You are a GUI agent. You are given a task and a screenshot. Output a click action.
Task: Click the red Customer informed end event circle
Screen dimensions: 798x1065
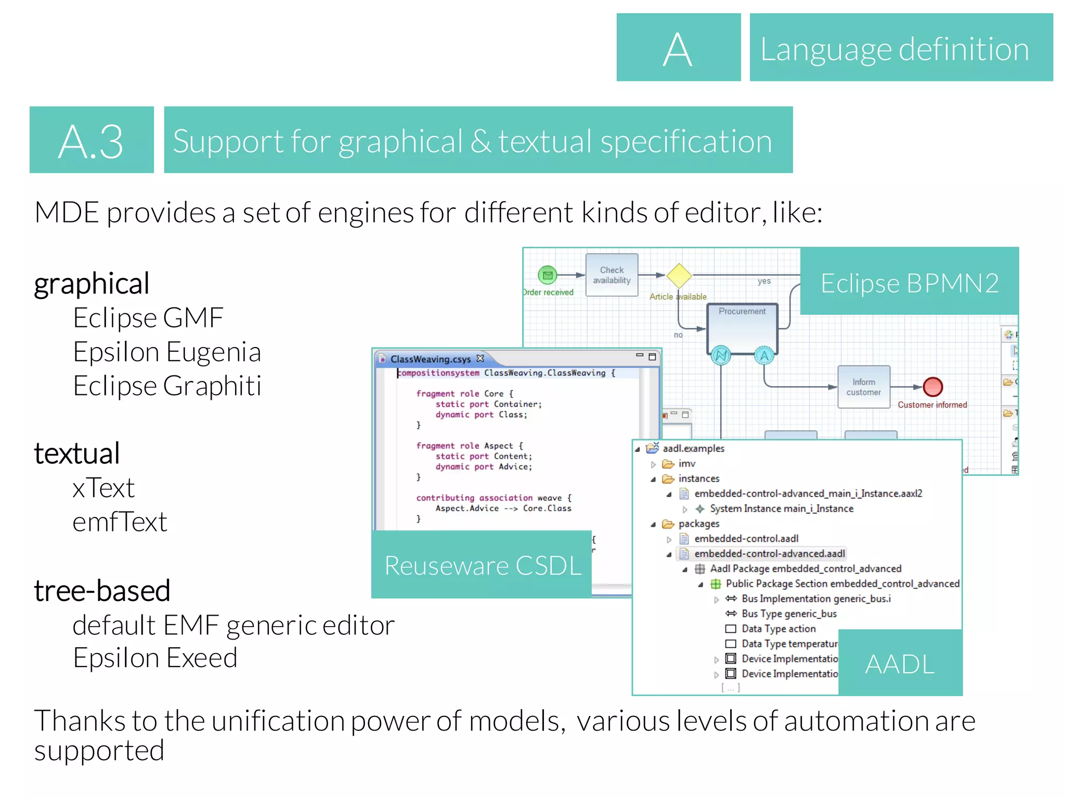(932, 387)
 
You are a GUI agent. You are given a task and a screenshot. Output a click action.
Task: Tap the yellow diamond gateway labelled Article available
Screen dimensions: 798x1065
(679, 275)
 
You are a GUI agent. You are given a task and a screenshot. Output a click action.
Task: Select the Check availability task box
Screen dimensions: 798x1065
(612, 275)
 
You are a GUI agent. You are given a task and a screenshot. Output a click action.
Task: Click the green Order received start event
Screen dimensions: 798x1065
(547, 275)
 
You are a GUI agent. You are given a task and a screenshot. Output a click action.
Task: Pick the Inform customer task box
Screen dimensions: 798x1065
(863, 387)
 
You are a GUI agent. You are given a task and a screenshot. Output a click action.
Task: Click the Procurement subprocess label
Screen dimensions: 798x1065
(742, 311)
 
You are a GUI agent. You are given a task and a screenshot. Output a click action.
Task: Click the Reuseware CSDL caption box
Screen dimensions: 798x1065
(482, 565)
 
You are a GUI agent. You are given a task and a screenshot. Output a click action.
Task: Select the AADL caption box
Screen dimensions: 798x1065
(900, 664)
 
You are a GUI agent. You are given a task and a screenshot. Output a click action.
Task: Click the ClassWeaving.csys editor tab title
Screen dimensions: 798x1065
(430, 359)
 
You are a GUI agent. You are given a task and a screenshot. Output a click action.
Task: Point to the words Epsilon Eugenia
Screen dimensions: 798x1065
(166, 352)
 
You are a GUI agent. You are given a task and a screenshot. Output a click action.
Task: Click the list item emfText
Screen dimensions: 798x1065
(120, 522)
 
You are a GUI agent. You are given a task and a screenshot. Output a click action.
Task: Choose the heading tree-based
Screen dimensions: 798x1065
(102, 591)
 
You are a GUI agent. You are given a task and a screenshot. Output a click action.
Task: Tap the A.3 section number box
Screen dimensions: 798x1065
(91, 141)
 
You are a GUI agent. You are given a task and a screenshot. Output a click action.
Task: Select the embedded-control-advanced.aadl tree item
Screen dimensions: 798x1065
(769, 554)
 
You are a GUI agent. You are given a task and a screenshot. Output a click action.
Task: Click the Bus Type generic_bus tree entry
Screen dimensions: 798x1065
(789, 614)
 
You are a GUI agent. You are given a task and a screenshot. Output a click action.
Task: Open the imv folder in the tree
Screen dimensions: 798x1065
(686, 463)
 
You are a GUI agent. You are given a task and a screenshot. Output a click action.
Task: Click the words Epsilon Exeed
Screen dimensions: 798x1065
(155, 658)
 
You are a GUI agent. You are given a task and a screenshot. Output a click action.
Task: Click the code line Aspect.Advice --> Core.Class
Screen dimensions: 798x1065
(503, 508)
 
